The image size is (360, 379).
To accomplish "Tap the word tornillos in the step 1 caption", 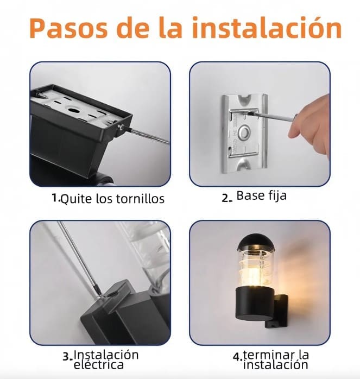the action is pos(140,199).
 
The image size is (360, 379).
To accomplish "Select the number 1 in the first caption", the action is pos(55,198).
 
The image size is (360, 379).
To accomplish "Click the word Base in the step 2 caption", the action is pos(250,195).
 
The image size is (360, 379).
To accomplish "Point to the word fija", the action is pos(277,196).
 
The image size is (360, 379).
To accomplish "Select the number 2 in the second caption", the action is pos(226,198).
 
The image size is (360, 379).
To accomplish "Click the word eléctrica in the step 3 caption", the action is pos(98,364).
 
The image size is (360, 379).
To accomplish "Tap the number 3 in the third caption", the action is pos(66,357).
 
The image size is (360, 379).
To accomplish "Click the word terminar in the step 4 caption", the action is pos(269,355).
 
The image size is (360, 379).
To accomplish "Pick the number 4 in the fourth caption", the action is pos(237,357).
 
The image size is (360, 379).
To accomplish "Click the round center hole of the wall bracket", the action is pos(243,132).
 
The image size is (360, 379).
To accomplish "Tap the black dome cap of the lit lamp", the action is pos(252,242).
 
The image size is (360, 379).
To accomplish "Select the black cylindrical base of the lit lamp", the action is pos(254,304).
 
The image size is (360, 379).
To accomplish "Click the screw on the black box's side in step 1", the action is pos(121,127).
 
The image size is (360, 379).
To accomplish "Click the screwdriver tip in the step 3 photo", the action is pos(99,294).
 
